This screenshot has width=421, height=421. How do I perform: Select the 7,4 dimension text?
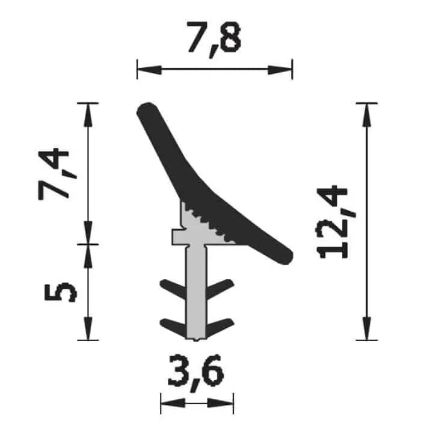[57, 174]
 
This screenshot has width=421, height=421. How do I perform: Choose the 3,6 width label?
[195, 370]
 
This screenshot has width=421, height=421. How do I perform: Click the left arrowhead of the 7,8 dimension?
[149, 70]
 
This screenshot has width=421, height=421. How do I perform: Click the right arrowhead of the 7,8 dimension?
[280, 70]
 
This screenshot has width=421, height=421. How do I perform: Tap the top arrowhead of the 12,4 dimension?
[367, 115]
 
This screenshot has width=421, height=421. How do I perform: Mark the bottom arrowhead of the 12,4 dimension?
[367, 328]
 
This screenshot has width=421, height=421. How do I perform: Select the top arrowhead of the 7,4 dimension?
[88, 115]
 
